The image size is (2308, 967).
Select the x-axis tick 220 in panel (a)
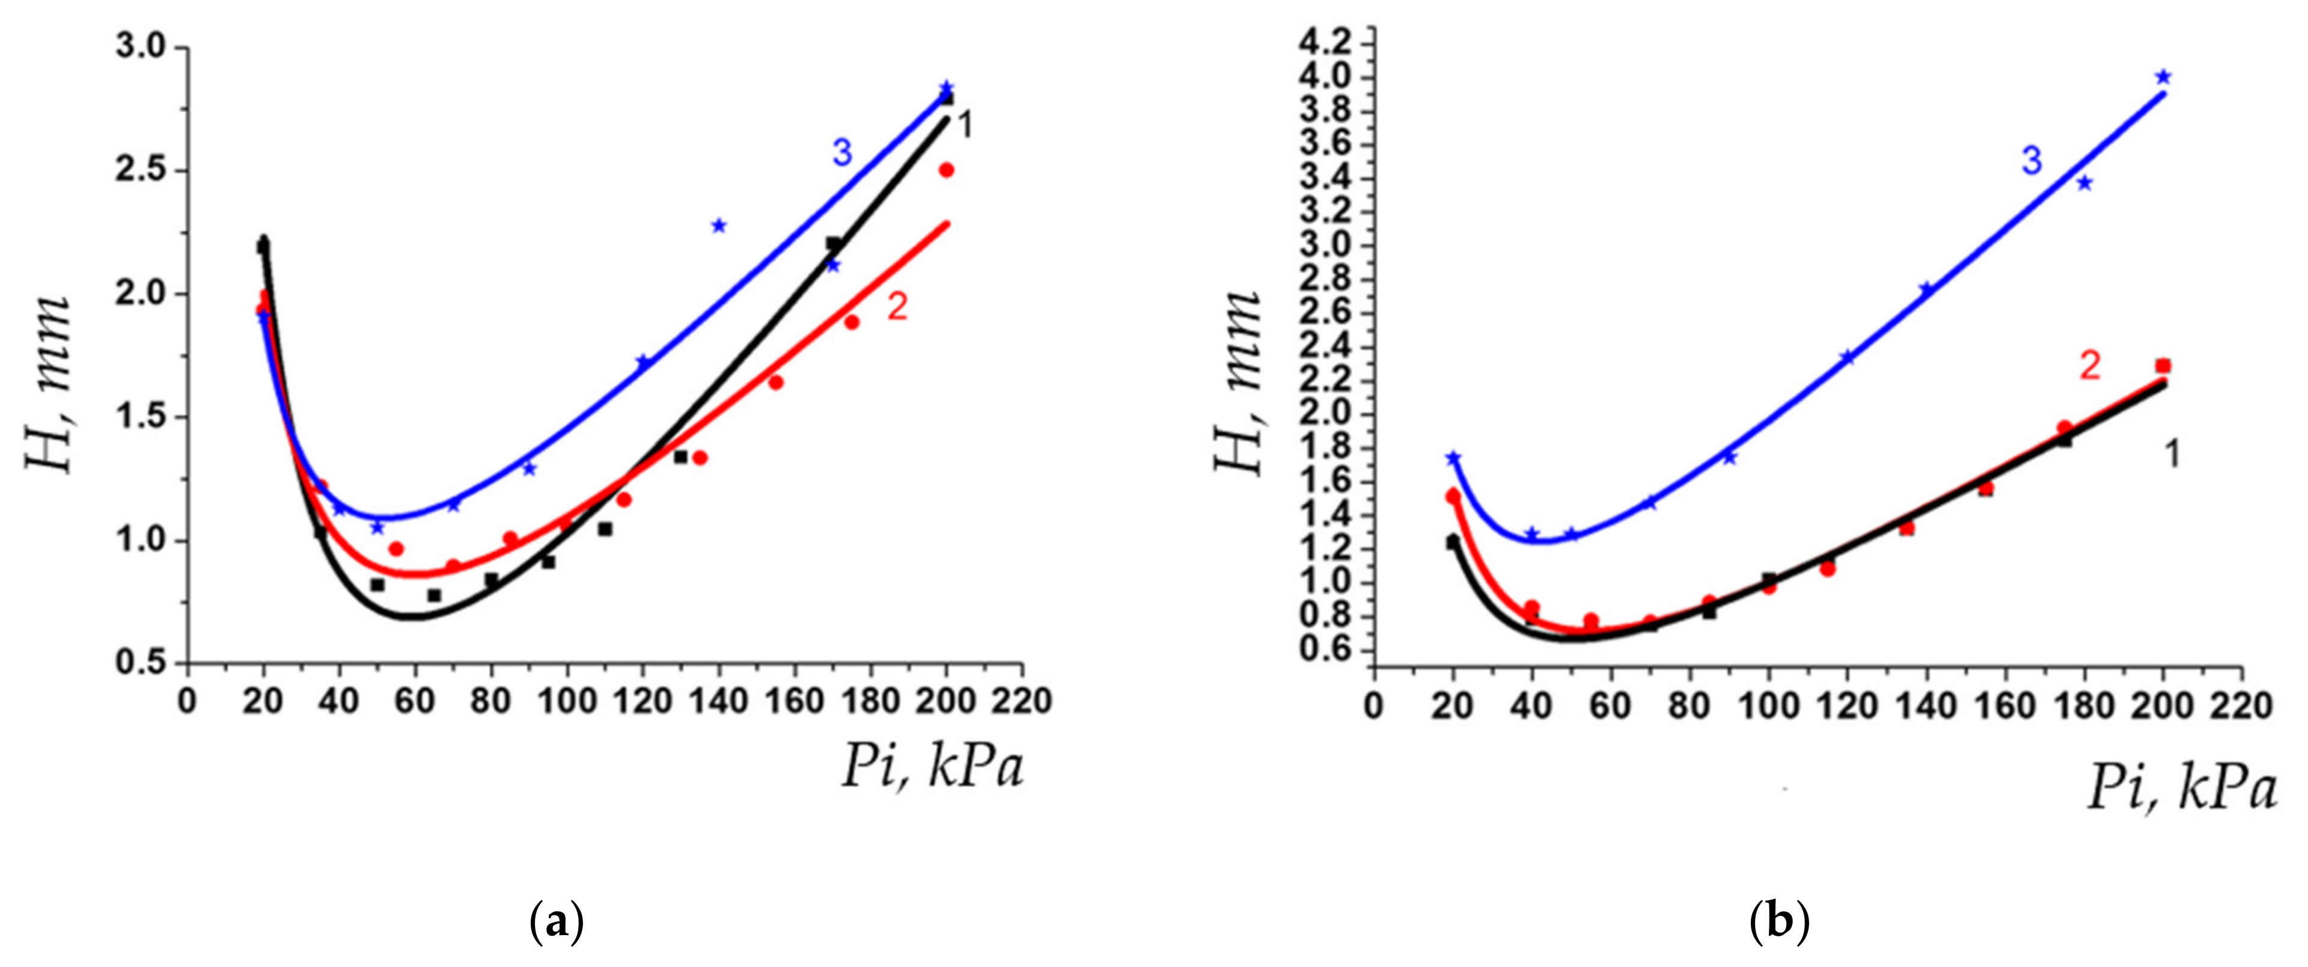1022,701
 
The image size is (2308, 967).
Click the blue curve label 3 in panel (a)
841,153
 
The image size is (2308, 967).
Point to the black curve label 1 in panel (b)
2172,455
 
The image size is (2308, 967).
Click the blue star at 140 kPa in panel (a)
719,226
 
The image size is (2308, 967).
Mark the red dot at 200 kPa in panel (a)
946,170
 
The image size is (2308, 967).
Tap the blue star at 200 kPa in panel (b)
2163,77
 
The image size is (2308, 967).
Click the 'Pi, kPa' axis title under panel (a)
932,768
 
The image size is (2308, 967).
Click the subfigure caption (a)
557,922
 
